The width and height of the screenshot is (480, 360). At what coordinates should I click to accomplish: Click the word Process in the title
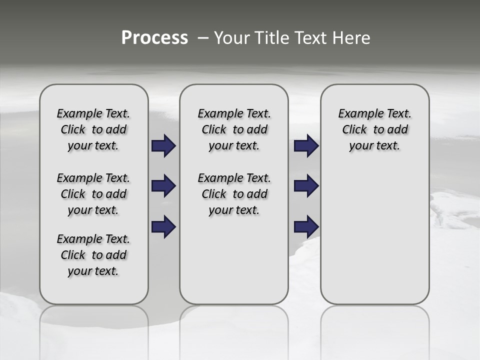154,37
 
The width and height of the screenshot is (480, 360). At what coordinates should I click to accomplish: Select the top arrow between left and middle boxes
163,146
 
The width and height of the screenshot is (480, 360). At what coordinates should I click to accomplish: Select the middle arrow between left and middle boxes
163,186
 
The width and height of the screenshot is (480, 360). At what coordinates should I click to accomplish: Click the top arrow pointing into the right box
306,146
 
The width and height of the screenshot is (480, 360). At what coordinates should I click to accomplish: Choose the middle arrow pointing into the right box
306,186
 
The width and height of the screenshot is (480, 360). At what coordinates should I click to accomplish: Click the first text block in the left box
93,129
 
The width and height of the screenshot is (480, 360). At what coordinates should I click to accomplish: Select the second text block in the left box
93,194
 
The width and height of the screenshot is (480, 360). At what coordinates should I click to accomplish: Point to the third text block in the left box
93,255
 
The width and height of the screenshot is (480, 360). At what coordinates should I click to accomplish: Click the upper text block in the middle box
234,129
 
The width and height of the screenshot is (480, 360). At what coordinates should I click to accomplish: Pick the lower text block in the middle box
234,194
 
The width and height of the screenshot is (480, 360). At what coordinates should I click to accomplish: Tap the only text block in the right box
374,129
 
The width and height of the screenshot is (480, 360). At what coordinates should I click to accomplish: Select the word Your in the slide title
230,37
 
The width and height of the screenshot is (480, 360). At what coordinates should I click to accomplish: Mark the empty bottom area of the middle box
234,265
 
